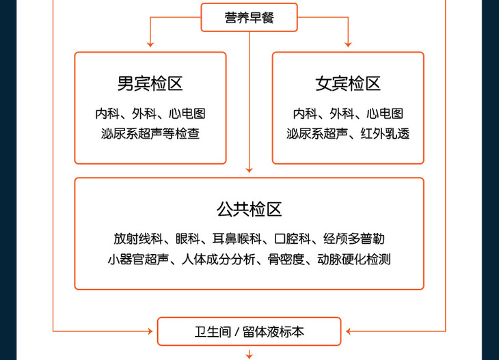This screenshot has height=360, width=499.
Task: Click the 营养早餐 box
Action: (249, 18)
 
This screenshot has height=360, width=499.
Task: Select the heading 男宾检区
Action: (150, 84)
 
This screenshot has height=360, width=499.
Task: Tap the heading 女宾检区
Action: (348, 84)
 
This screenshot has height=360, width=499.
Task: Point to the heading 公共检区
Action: (249, 209)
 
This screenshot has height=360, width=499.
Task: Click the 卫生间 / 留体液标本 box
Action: (249, 332)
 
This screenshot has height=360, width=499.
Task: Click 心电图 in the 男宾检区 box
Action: (187, 113)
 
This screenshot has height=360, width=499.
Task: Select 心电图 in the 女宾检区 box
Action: (385, 113)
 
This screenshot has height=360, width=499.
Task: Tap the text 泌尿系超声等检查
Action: (150, 134)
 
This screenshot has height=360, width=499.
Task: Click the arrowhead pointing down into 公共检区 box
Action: (249, 169)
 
